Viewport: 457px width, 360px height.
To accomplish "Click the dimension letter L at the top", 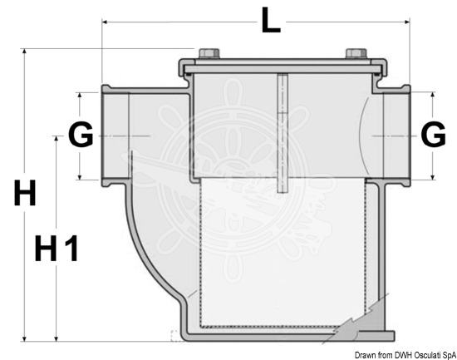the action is (x=271, y=20).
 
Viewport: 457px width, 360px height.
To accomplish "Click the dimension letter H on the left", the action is (x=25, y=193).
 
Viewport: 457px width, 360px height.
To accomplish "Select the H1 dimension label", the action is (x=57, y=249).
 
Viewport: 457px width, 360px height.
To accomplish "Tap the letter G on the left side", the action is (x=81, y=135).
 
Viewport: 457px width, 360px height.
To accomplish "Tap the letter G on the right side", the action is (x=434, y=135).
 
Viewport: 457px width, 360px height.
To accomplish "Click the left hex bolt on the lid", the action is (x=209, y=53).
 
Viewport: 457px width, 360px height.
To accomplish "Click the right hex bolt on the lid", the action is (x=356, y=53).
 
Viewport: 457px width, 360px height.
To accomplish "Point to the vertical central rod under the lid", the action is (x=283, y=133).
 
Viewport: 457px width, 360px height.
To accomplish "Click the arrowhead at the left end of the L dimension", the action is (x=106, y=22).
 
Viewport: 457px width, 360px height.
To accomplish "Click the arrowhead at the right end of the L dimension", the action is (x=406, y=22).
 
